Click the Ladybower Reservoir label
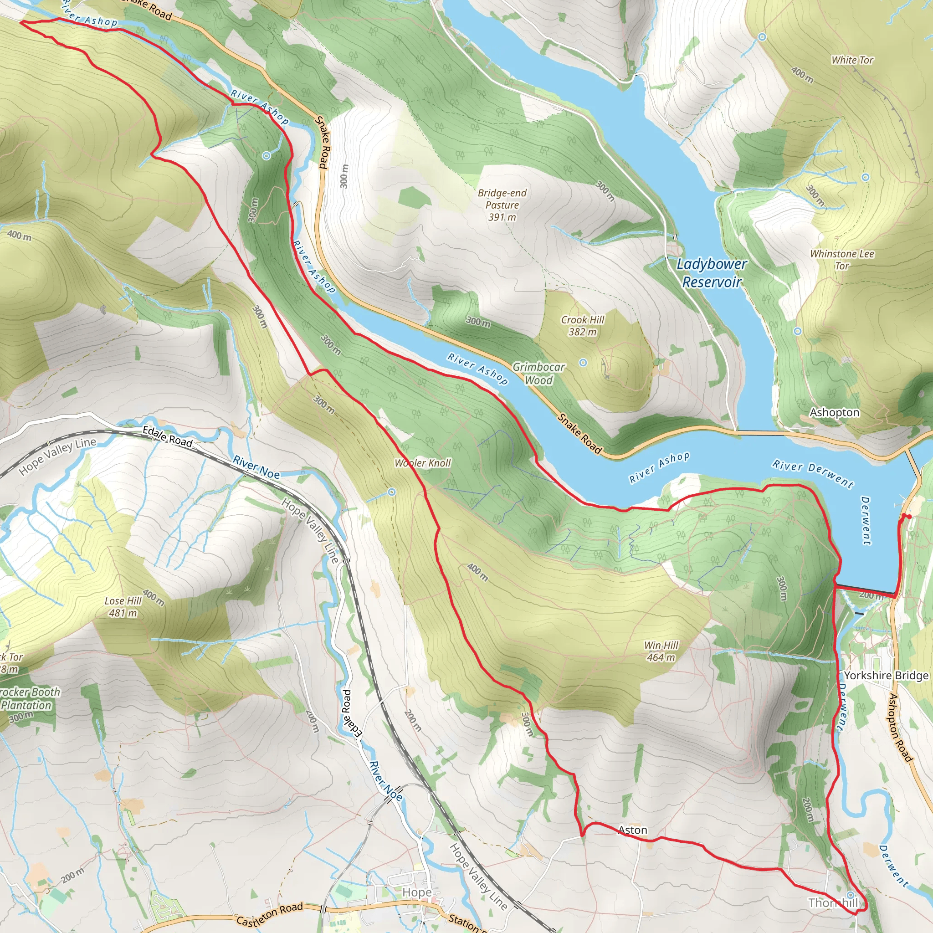711,273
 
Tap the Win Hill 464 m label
661,651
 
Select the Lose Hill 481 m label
123,606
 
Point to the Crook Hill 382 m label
582,325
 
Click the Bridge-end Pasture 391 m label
502,205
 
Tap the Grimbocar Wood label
538,373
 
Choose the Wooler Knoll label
423,463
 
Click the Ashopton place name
835,412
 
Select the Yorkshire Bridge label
886,675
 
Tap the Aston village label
633,830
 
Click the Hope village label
417,892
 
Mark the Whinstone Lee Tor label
842,259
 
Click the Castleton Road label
270,914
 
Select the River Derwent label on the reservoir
813,473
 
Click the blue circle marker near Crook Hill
583,362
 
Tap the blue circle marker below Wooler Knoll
392,492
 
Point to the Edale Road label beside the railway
167,436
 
